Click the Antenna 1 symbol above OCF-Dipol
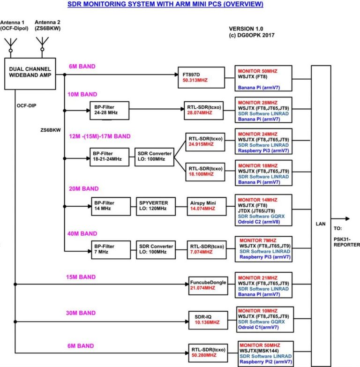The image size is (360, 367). click(10, 45)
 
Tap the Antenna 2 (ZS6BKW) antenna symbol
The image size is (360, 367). click(42, 44)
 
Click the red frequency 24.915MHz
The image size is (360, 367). click(201, 144)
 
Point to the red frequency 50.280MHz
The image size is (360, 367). click(204, 355)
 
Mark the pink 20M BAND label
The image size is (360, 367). click(84, 188)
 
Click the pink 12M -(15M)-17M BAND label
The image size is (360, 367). click(100, 136)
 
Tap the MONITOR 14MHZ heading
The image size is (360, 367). click(257, 200)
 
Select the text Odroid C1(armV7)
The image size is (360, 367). click(258, 327)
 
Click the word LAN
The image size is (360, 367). click(321, 224)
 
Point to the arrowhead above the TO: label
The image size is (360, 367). click(348, 218)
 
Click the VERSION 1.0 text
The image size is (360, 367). click(246, 29)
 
